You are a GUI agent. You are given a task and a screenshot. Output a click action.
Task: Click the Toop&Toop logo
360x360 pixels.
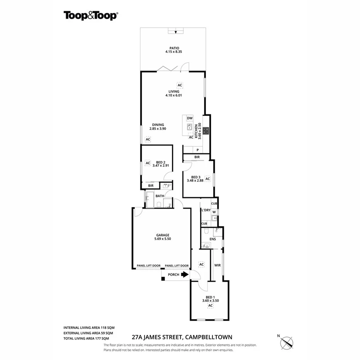(x=91, y=15)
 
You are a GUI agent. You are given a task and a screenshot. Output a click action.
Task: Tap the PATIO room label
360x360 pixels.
(x=174, y=48)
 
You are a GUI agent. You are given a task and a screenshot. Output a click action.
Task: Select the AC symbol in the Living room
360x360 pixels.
(x=180, y=85)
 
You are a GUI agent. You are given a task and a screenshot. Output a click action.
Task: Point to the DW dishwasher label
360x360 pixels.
(x=190, y=118)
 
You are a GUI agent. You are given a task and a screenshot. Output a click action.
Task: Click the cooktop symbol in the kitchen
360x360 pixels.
(x=206, y=131)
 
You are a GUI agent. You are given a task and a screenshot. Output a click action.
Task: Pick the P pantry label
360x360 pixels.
(x=197, y=150)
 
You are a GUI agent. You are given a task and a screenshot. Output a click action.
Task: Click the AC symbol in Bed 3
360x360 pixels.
(x=207, y=179)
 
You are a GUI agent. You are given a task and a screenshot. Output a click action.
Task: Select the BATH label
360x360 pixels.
(x=160, y=196)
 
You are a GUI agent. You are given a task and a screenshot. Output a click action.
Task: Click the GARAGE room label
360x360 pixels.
(x=162, y=235)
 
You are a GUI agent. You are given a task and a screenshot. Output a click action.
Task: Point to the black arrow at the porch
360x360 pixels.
(x=184, y=275)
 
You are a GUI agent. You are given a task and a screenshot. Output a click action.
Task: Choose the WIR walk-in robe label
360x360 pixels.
(x=217, y=265)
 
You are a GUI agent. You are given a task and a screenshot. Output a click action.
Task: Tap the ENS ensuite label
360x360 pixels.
(x=212, y=239)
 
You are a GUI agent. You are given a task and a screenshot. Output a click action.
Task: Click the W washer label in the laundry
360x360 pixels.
(x=214, y=212)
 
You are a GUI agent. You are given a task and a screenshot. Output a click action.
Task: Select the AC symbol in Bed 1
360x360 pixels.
(x=211, y=306)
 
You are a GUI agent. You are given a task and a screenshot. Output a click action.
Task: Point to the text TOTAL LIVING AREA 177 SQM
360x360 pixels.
(x=88, y=338)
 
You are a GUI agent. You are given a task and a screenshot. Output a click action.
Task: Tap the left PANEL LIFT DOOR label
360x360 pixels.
(x=149, y=266)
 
